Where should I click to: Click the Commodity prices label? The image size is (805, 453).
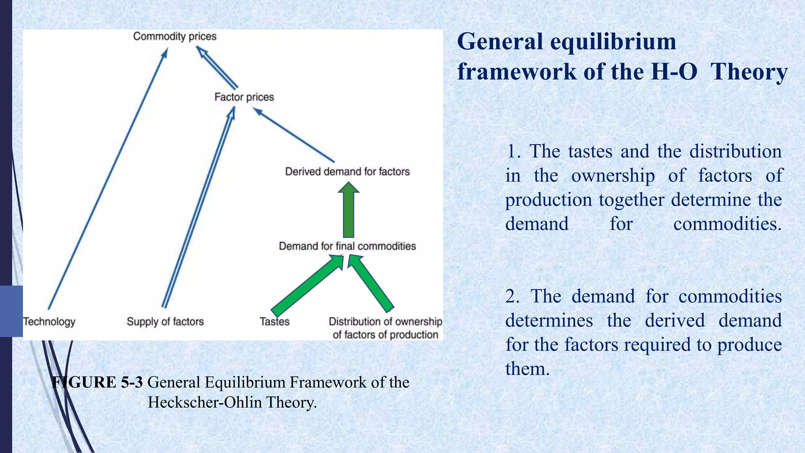click(175, 37)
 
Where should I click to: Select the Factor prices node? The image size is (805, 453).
click(244, 97)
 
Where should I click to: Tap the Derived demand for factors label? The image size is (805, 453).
click(347, 172)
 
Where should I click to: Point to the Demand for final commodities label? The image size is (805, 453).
click(347, 246)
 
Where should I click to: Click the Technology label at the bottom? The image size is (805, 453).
click(49, 322)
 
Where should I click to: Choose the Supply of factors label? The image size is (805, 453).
click(165, 322)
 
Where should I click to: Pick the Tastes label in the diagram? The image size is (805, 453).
click(274, 322)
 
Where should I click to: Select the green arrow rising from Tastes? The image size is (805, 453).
click(307, 285)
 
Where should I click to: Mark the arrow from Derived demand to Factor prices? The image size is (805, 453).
click(295, 136)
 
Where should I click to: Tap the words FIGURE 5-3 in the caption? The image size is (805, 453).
click(97, 382)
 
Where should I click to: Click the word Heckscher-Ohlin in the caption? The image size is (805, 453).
click(204, 402)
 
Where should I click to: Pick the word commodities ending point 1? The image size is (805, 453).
click(727, 224)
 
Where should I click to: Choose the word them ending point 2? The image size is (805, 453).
click(527, 369)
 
